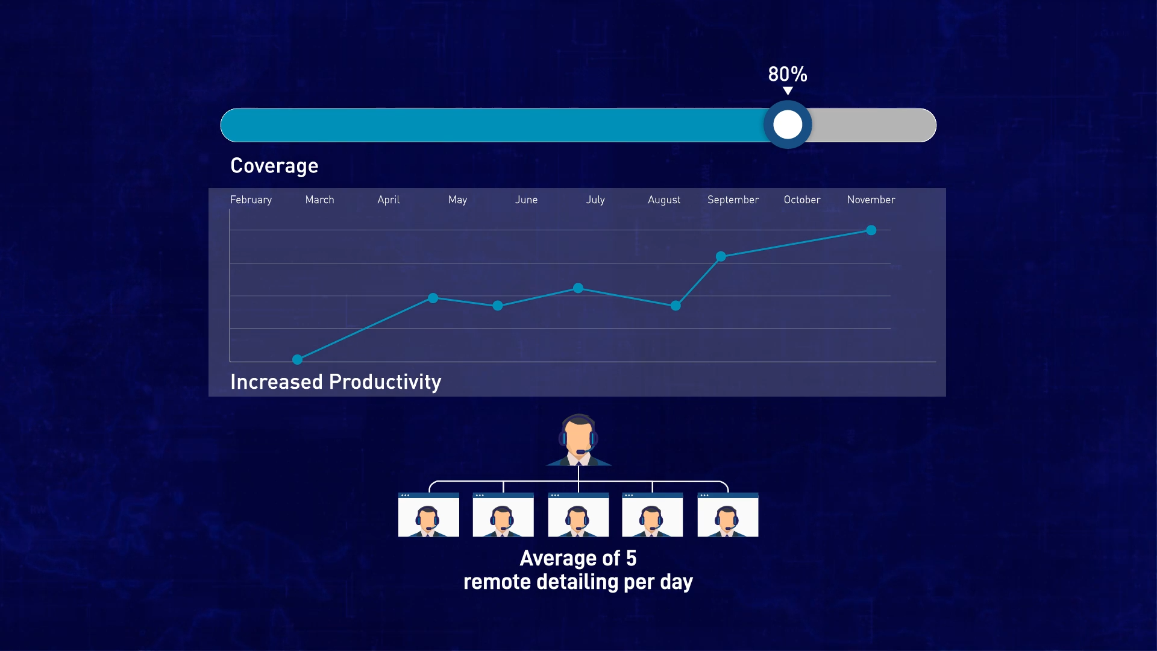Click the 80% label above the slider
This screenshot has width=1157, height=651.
(788, 74)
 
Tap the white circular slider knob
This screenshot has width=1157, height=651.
(788, 125)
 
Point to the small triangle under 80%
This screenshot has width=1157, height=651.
(788, 91)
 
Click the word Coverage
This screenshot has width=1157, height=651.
(274, 166)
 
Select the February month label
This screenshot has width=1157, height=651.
(251, 200)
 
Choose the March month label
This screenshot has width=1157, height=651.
(319, 200)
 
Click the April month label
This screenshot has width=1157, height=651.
(389, 200)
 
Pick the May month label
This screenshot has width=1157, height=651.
(457, 200)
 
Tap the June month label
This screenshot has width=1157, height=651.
(526, 200)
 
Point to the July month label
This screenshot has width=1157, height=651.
(595, 200)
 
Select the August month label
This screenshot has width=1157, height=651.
(664, 200)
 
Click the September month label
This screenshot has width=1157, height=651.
(733, 200)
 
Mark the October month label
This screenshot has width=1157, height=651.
(802, 200)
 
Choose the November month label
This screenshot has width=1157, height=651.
(871, 200)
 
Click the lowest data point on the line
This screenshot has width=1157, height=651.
(297, 360)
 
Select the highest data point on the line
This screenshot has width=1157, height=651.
(871, 230)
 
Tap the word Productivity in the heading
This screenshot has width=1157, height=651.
(385, 382)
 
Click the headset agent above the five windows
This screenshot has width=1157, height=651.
(578, 440)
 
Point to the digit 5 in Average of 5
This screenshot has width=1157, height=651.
(631, 558)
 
